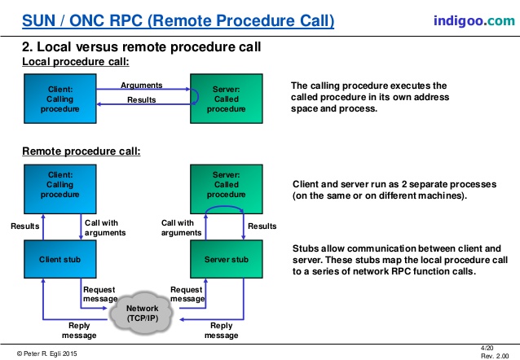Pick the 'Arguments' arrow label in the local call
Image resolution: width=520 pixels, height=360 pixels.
click(x=141, y=85)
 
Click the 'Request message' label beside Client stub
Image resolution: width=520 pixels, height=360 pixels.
click(x=100, y=294)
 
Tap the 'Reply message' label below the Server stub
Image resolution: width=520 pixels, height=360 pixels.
click(x=221, y=331)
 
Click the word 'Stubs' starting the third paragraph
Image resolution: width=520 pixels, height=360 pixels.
click(x=306, y=248)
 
